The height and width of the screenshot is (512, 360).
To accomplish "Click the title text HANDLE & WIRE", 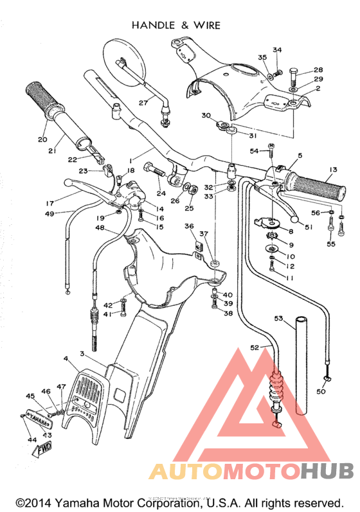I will click(175, 25).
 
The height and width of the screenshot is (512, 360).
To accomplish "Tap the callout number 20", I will click(42, 139).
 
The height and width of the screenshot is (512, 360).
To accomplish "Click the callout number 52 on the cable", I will click(255, 347).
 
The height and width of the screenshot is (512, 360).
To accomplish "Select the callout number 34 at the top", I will click(277, 50).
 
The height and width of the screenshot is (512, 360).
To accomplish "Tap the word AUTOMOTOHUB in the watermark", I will click(251, 472).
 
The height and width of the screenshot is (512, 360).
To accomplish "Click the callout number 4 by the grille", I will click(66, 357).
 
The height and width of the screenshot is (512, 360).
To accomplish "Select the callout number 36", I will click(188, 226).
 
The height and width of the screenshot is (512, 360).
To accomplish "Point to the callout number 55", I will click(332, 244).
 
